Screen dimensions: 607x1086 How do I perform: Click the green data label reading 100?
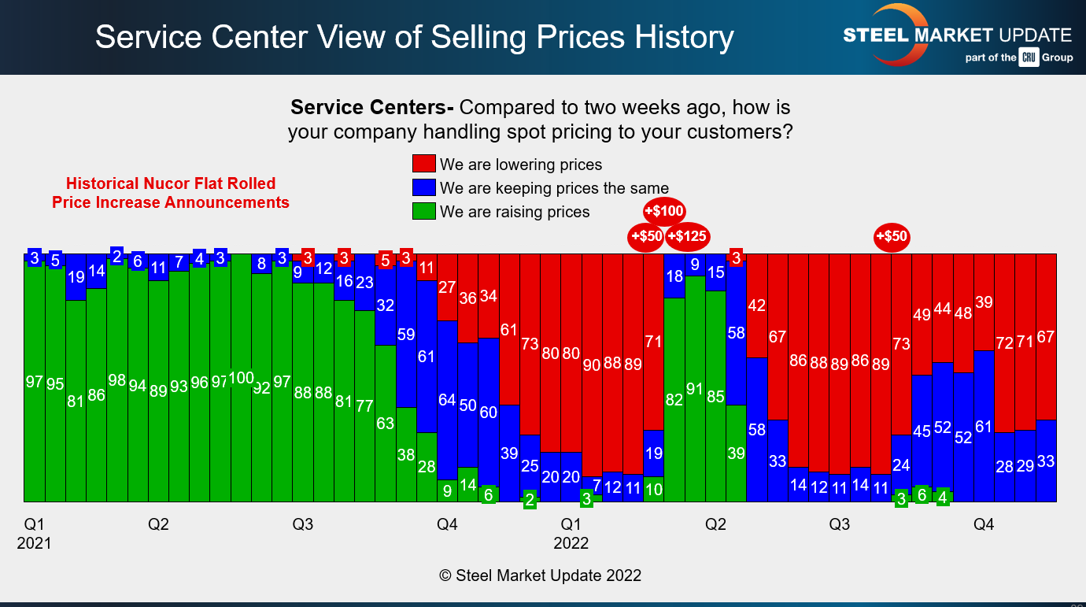(x=242, y=378)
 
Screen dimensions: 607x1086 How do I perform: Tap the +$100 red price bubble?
(x=664, y=211)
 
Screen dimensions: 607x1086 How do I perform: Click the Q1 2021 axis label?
(x=34, y=533)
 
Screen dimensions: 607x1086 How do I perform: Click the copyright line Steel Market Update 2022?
(x=540, y=576)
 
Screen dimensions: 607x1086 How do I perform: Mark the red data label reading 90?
(x=592, y=365)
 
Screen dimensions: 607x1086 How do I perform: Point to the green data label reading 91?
(x=695, y=388)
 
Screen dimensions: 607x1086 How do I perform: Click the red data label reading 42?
(x=757, y=305)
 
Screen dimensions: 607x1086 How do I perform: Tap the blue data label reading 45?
(x=922, y=431)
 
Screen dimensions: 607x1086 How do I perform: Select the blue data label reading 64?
(x=447, y=400)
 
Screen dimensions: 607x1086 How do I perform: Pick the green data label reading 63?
(x=385, y=424)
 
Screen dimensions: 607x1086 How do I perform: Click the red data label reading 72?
(x=1005, y=342)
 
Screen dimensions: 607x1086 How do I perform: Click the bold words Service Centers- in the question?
(x=372, y=108)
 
